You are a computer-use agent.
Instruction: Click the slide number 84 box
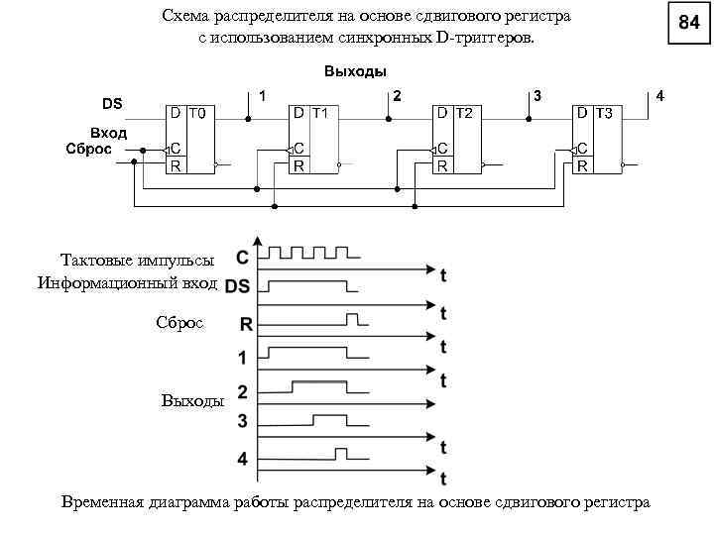click(689, 22)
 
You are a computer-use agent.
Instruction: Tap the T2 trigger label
click(463, 113)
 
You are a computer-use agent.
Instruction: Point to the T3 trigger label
click(602, 113)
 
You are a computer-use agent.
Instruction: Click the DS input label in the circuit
click(113, 102)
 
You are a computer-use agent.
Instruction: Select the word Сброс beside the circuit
click(88, 149)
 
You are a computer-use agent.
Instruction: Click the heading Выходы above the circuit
click(355, 71)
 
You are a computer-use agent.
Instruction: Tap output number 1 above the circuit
click(262, 95)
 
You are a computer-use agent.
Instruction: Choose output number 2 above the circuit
click(397, 95)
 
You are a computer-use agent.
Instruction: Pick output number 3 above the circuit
click(536, 95)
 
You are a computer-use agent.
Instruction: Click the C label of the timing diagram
click(242, 258)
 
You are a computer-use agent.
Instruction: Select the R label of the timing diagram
click(243, 322)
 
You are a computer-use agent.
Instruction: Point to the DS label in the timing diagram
click(237, 288)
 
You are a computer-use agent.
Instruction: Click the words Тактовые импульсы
click(137, 261)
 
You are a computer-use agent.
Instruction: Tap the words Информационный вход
click(128, 284)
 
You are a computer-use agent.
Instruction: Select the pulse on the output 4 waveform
click(341, 454)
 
